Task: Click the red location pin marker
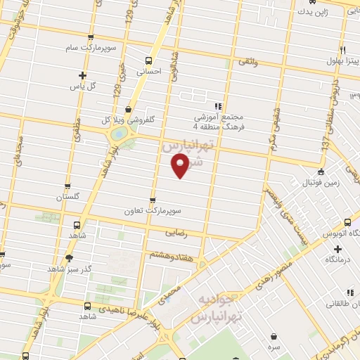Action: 181,166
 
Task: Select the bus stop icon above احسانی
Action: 148,60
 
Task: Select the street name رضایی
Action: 174,231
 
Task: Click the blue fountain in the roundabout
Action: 119,132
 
